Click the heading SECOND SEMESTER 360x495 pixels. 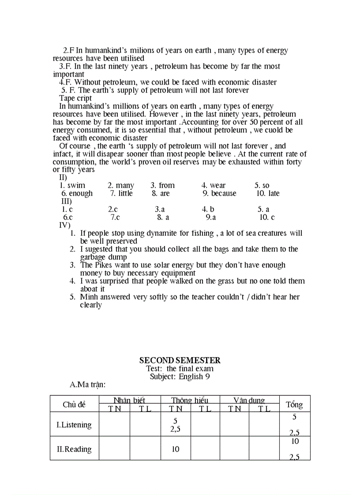[180, 361]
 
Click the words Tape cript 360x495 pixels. [75, 98]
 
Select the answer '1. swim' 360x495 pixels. [72, 186]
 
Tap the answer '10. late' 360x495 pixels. [268, 194]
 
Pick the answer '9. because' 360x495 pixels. [219, 194]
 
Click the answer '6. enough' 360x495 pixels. [77, 194]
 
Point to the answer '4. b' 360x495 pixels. [208, 210]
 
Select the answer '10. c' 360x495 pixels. [267, 218]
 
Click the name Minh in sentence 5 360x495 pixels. [89, 297]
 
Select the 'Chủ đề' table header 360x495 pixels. [74, 405]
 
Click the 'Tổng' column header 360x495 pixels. [294, 405]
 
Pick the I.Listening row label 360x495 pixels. [74, 425]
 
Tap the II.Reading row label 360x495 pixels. [74, 450]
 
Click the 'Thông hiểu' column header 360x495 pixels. [190, 401]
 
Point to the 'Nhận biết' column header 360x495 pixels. [129, 401]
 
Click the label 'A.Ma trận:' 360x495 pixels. [88, 385]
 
